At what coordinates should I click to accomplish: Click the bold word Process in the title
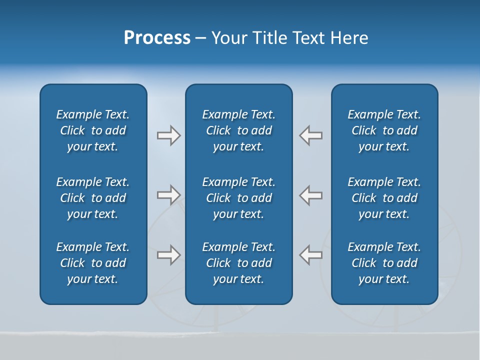point(157,38)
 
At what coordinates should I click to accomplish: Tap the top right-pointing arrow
point(168,135)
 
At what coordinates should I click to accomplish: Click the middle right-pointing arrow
point(168,194)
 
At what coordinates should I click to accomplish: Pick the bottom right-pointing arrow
point(168,254)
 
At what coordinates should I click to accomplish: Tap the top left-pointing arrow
point(310,135)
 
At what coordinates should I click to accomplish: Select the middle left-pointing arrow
point(310,194)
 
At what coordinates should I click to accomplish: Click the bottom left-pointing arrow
point(310,254)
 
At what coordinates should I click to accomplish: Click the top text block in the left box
point(93,130)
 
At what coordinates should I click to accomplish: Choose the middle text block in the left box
point(93,198)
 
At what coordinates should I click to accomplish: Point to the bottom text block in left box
point(93,263)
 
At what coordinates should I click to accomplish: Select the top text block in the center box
point(238,130)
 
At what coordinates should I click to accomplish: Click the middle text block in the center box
point(238,198)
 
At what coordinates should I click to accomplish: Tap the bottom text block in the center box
point(238,263)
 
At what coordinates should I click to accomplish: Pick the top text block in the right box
point(384,130)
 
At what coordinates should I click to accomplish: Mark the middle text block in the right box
point(384,198)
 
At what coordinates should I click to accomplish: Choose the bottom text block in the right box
point(384,263)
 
